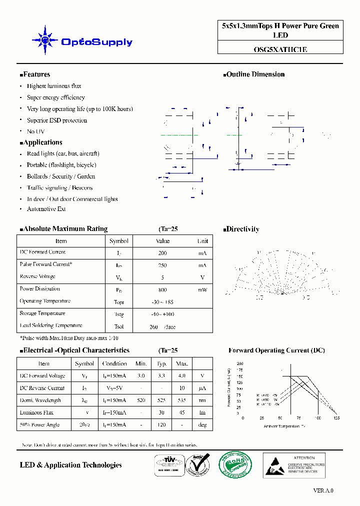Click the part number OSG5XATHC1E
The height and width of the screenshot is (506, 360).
280,49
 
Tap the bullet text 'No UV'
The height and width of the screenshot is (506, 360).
35,131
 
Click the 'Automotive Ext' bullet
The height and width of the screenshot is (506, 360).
46,209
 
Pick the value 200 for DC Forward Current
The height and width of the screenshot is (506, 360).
162,253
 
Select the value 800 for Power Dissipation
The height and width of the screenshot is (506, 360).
162,289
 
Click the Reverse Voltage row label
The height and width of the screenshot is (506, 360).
37,276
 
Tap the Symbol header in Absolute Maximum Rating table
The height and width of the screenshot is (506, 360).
119,241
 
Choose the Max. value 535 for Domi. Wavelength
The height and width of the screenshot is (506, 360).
182,400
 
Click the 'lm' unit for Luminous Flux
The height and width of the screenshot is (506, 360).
202,412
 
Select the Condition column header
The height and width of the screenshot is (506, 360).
114,363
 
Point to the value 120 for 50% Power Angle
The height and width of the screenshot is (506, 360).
162,424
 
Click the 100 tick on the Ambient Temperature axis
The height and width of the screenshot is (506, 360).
317,417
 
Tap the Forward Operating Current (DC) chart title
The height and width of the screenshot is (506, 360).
276,350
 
